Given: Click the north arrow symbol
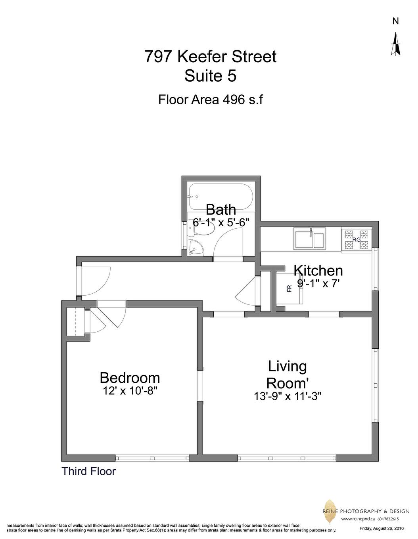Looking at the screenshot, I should tap(395, 44).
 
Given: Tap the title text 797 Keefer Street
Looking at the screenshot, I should tap(210, 57).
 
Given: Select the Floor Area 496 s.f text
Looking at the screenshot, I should tap(210, 99).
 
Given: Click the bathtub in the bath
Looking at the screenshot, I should tap(221, 197).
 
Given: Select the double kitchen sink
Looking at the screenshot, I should tap(309, 238).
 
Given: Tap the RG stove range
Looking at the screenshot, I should tap(356, 239).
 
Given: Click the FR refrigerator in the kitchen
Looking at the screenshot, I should tap(290, 289).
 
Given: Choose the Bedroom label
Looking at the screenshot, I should tap(130, 378).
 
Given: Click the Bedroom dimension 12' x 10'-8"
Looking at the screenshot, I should tap(130, 391).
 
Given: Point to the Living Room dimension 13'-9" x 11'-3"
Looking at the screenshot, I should tap(288, 396).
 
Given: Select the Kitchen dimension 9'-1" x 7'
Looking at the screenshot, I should tap(318, 284).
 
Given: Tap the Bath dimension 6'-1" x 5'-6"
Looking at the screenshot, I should tap(221, 222).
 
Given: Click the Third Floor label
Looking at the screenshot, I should tap(88, 472).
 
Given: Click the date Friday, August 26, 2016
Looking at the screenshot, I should tap(382, 528).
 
